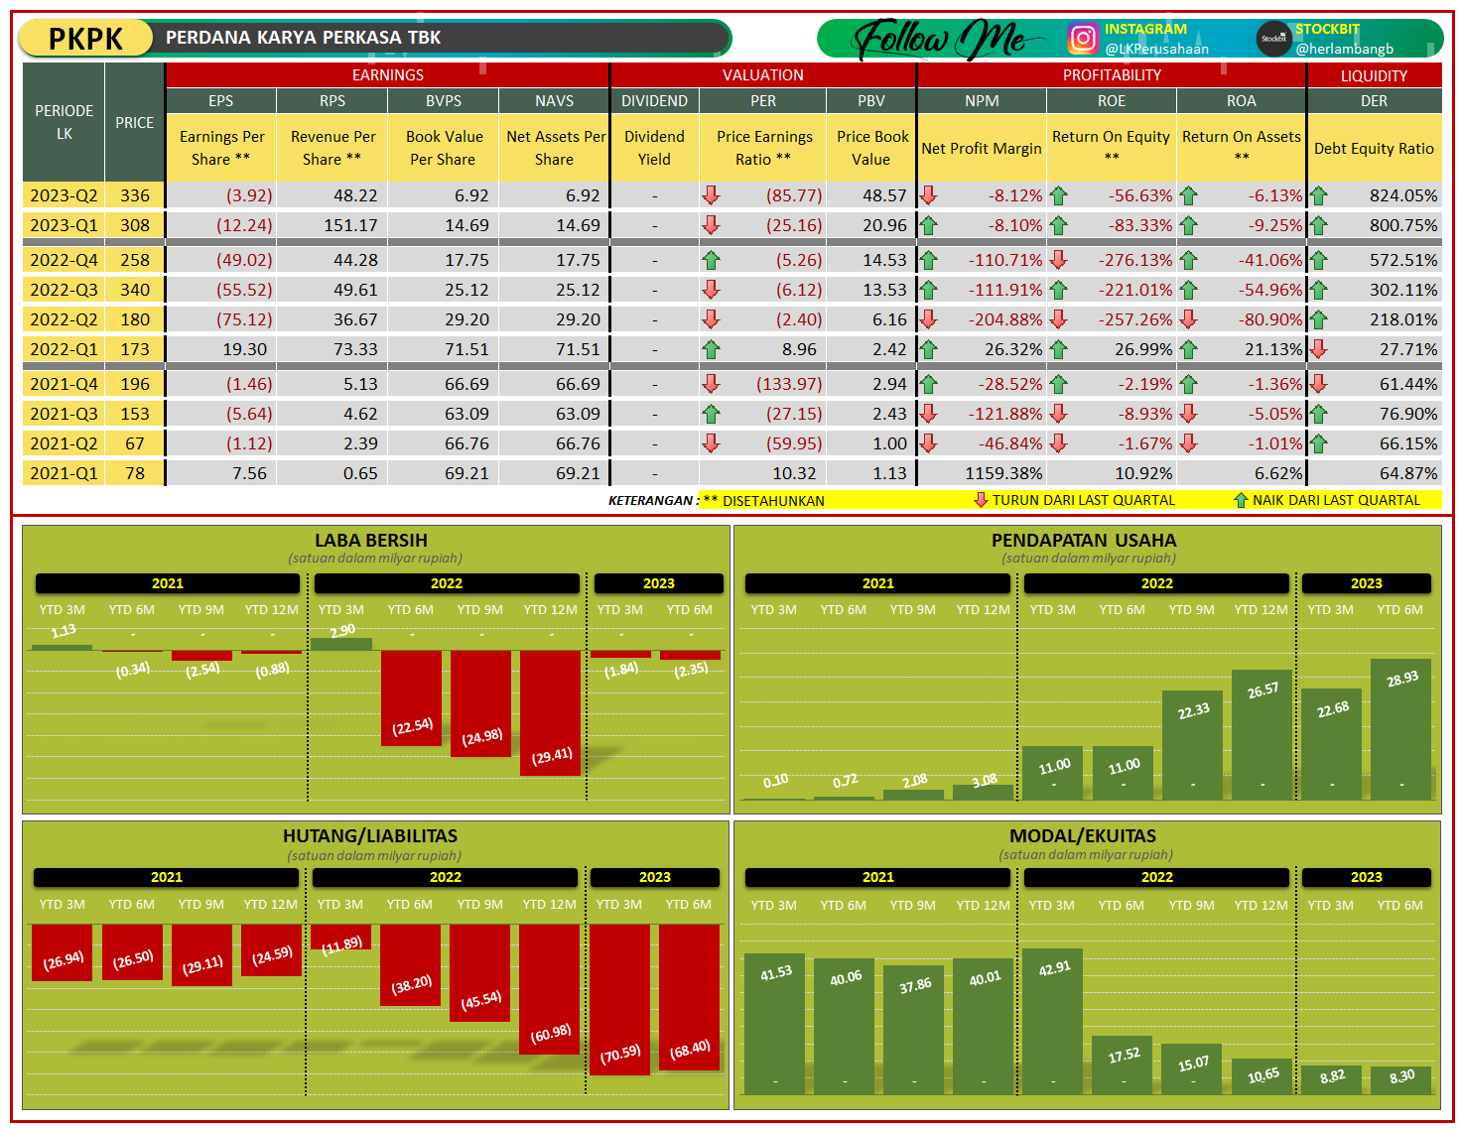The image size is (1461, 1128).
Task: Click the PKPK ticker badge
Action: coord(85,39)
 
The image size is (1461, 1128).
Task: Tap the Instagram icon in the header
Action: coord(1083,39)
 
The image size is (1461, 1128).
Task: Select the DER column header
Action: coord(1374,101)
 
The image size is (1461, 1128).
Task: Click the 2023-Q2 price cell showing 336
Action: coord(135,195)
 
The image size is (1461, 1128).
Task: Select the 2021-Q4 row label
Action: coord(64,384)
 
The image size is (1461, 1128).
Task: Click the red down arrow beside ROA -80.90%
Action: coord(1189,319)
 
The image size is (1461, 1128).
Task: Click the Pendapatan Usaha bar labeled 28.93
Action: coord(1400,728)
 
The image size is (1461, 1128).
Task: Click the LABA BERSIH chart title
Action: coord(371,541)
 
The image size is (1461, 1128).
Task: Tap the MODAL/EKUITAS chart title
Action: coord(1083,836)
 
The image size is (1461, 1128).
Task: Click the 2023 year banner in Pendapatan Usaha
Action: coord(1366,583)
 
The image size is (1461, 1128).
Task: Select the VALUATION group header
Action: coord(762,75)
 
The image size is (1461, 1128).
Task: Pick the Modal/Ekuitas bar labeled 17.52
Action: coord(1123,1065)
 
